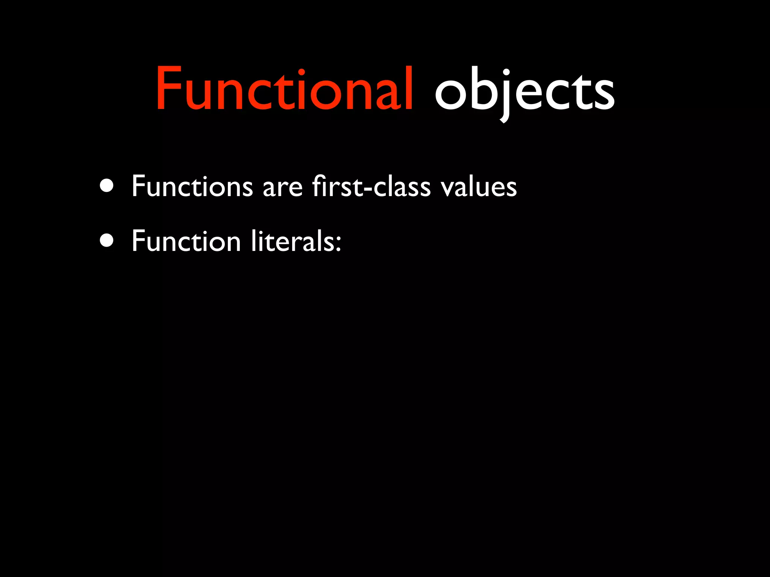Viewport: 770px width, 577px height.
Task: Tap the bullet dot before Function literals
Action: click(107, 240)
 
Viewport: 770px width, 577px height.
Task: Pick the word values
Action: click(479, 187)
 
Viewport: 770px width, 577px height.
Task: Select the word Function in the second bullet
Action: click(186, 241)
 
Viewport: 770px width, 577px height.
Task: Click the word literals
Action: click(293, 241)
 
